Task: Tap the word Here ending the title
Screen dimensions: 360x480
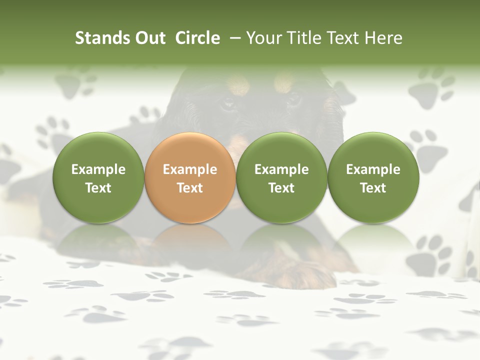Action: click(x=384, y=38)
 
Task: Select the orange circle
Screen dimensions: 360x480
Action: click(x=190, y=177)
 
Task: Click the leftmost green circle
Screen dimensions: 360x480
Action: click(x=98, y=177)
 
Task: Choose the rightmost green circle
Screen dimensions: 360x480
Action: click(x=373, y=177)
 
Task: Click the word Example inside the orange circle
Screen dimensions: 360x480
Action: click(x=190, y=169)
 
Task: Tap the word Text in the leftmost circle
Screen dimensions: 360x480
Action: click(x=98, y=188)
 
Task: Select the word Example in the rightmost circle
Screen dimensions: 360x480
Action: click(x=373, y=169)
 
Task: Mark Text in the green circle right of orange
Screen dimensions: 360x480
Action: click(x=281, y=188)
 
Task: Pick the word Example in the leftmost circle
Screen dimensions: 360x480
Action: click(x=98, y=169)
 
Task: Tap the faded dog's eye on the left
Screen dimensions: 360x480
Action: click(x=228, y=103)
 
